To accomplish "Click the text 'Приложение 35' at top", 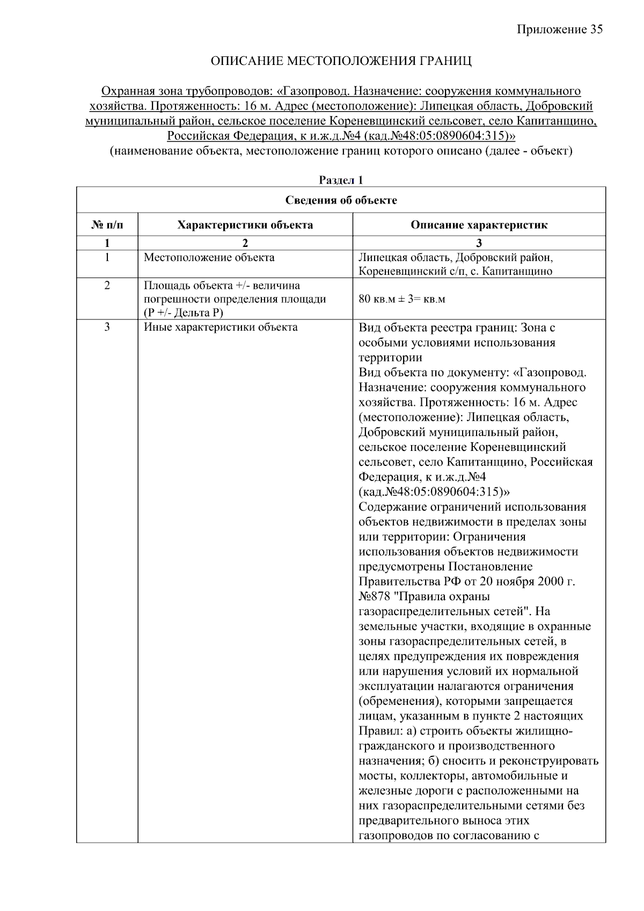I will pos(560,30).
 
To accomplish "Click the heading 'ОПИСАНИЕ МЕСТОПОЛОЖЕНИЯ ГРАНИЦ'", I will pos(341,61).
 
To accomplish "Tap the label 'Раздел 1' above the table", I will pos(341,180).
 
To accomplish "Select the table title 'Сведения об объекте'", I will pos(341,200).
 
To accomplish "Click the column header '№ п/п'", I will pos(107,225).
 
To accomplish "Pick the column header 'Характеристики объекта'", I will pos(245,225).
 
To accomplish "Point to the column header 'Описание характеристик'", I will pos(479,225).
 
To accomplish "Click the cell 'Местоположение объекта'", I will pos(209,258).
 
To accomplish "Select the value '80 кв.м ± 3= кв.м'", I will pos(401,299).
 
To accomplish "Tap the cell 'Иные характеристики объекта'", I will pos(220,327).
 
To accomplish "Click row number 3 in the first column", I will pos(107,327).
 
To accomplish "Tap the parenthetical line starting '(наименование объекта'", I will pos(341,151).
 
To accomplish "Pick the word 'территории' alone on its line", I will pos(390,358).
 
